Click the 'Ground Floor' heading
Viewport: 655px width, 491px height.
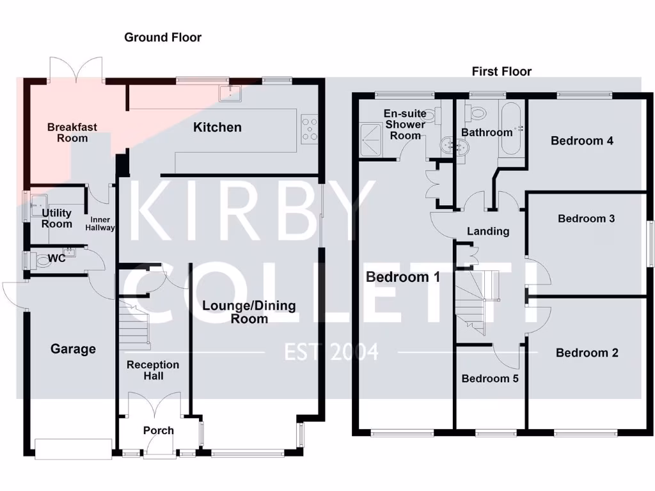coord(162,38)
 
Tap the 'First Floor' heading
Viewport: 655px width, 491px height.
coord(501,72)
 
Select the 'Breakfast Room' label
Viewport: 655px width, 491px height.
coord(72,132)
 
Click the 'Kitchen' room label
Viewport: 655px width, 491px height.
coord(217,127)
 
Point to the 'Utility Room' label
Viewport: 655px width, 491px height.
coord(57,219)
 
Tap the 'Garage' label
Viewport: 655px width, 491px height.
coord(74,349)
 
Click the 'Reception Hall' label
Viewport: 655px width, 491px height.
coord(153,370)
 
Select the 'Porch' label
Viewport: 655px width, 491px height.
coord(158,430)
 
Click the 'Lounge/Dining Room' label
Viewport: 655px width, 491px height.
coord(249,312)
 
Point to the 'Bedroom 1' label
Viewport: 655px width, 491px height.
coord(403,277)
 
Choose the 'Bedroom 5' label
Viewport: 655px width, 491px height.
coord(490,378)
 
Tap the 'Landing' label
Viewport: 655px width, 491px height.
coord(488,231)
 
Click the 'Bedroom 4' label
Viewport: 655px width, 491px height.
coord(582,141)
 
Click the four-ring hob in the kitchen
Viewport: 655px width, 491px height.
coord(310,128)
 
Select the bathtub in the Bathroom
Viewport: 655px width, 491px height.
coord(511,129)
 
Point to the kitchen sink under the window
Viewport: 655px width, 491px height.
coord(230,93)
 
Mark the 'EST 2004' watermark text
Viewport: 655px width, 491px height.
coord(331,352)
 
